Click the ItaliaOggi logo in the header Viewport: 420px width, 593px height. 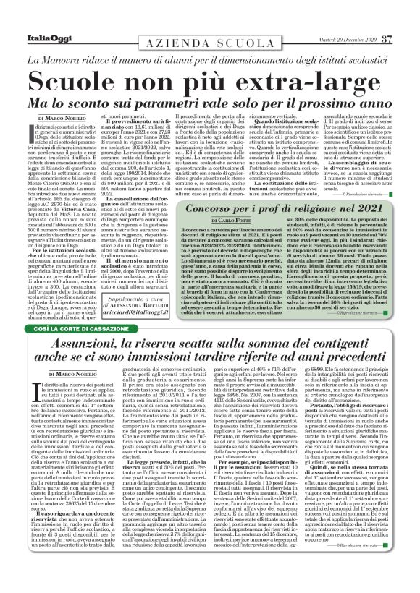coord(35,18)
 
